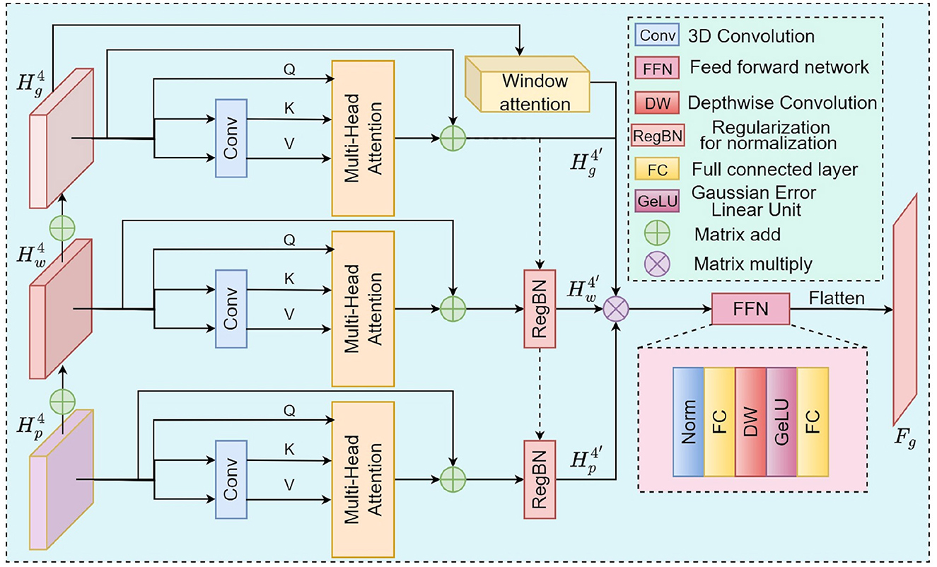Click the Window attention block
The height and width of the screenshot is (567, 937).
[x=526, y=89]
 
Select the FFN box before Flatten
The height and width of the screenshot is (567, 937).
[x=750, y=309]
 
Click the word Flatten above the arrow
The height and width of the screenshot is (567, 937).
[x=837, y=298]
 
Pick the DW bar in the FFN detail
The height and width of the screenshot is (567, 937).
[x=750, y=421]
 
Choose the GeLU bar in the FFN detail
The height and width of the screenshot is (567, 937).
[x=781, y=421]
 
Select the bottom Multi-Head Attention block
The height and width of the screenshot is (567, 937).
[x=363, y=478]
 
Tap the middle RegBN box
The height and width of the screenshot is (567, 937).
[x=540, y=309]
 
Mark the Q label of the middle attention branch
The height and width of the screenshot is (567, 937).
[x=289, y=239]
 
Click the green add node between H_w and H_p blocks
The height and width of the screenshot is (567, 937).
[x=62, y=401]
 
